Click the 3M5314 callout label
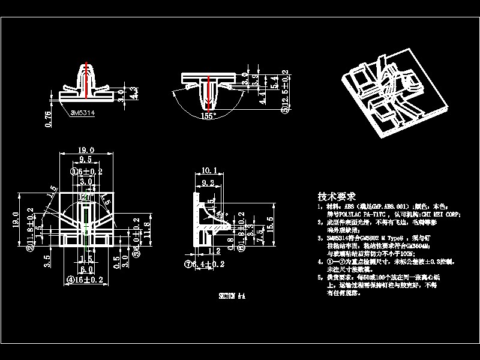(83, 111)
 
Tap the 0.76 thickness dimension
(49, 118)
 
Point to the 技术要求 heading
(337, 196)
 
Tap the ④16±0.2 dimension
(86, 279)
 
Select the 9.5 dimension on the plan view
(86, 160)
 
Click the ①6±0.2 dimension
(86, 171)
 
